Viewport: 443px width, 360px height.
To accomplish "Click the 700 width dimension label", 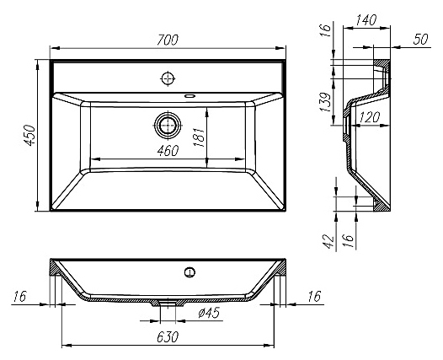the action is (168, 40).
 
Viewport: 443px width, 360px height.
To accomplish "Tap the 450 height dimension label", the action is (29, 135).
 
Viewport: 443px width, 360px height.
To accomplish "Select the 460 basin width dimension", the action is (168, 151).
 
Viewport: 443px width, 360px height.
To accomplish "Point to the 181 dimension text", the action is (199, 137).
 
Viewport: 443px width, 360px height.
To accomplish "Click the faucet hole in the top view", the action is (168, 78).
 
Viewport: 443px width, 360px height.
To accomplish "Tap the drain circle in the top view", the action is (168, 125).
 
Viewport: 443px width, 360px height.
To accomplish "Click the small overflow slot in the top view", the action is (189, 96).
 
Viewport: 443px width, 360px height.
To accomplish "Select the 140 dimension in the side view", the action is (366, 20).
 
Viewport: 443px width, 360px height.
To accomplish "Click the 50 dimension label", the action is (420, 40).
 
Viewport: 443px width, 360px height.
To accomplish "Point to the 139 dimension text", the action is (325, 102).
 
